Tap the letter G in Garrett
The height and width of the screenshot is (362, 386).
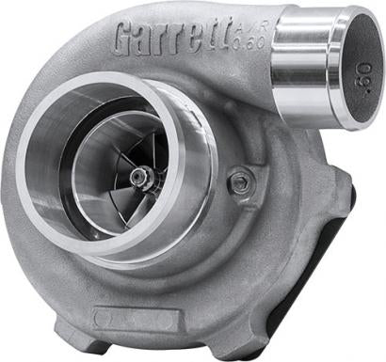tap(125, 40)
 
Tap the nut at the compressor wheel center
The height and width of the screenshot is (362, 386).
tap(139, 176)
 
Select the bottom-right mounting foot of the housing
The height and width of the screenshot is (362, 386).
tap(282, 329)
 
